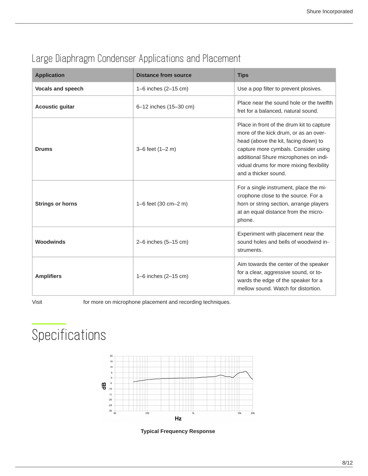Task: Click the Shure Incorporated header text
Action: [x=329, y=11]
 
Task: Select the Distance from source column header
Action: [x=164, y=75]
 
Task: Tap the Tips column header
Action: [x=243, y=75]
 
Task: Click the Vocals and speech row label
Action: [x=59, y=89]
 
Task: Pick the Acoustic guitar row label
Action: [x=55, y=107]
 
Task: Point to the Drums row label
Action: [x=44, y=149]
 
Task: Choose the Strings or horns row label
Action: [x=56, y=204]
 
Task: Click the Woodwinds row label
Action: [x=50, y=242]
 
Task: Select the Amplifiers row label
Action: [x=48, y=276]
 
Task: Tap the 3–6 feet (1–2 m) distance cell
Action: [x=156, y=149]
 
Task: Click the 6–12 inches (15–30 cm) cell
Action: [x=165, y=107]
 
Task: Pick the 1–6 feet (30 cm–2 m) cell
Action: [x=162, y=204]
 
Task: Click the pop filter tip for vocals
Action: [x=280, y=89]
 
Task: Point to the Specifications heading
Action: [x=69, y=335]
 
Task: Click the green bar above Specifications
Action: [x=49, y=324]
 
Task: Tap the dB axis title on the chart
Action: [x=104, y=386]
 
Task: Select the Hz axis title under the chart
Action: [x=178, y=419]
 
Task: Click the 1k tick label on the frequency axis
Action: [x=193, y=413]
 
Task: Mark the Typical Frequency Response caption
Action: [x=178, y=431]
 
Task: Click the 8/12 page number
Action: [x=347, y=463]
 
